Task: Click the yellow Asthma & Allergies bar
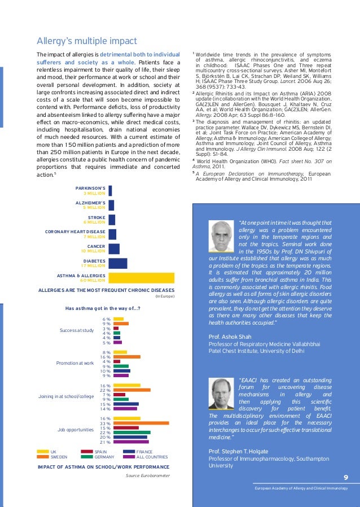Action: click(x=141, y=277)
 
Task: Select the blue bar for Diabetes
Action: click(x=117, y=263)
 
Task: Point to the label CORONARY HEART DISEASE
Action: click(x=75, y=231)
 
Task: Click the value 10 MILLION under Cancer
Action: click(x=93, y=251)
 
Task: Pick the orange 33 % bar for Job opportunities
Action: click(x=141, y=423)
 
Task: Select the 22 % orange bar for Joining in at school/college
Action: click(x=132, y=390)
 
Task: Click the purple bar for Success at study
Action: click(x=117, y=342)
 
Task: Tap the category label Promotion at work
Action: click(x=74, y=363)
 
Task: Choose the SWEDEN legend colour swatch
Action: click(x=43, y=457)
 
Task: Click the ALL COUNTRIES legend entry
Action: click(x=152, y=457)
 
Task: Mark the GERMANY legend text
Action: click(x=105, y=457)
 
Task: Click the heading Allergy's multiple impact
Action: click(x=87, y=41)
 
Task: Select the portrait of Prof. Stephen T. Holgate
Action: click(x=222, y=394)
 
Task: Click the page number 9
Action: click(x=345, y=477)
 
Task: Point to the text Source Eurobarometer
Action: click(x=147, y=476)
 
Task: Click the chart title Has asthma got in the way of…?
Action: click(x=103, y=308)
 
